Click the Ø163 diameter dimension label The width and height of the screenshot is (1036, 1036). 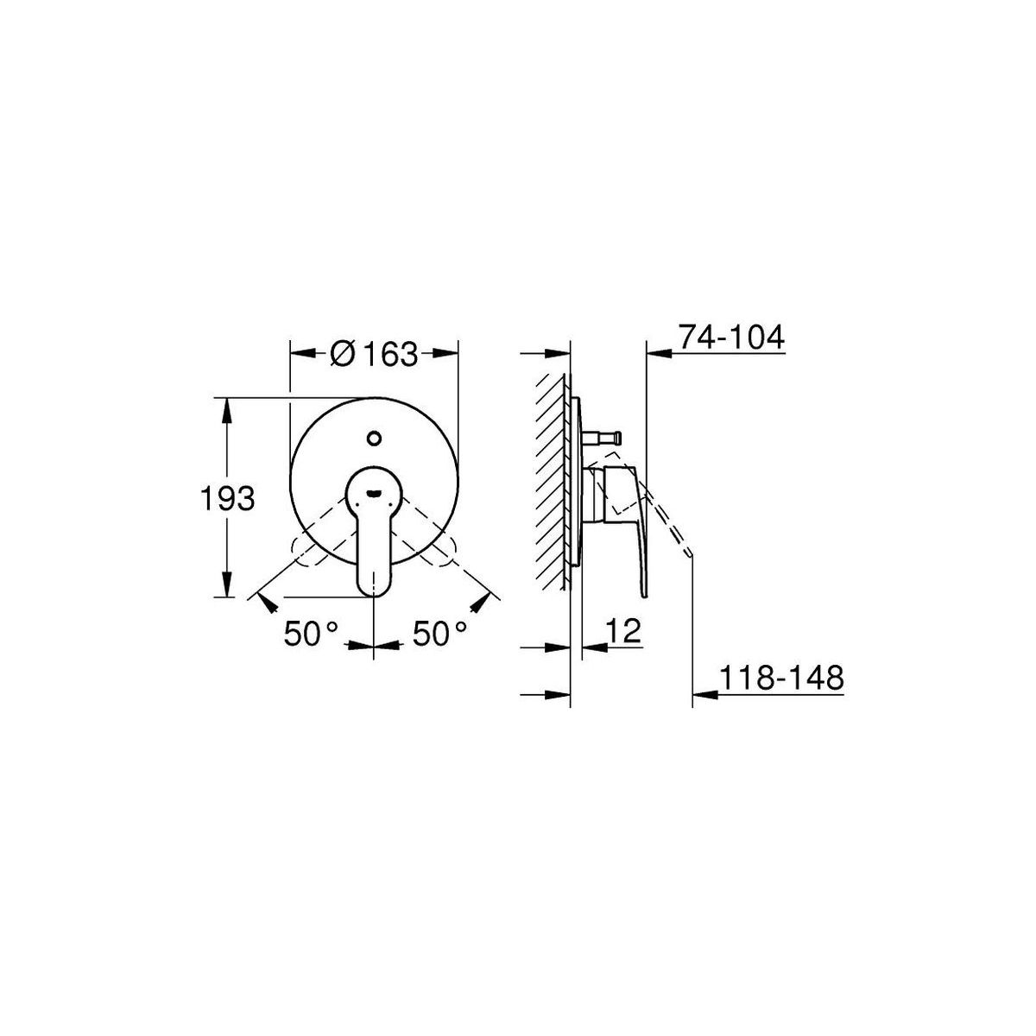[374, 353]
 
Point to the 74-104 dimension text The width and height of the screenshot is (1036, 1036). [731, 337]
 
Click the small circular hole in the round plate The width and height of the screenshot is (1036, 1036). [374, 438]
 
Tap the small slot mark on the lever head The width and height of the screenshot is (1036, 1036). [374, 491]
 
